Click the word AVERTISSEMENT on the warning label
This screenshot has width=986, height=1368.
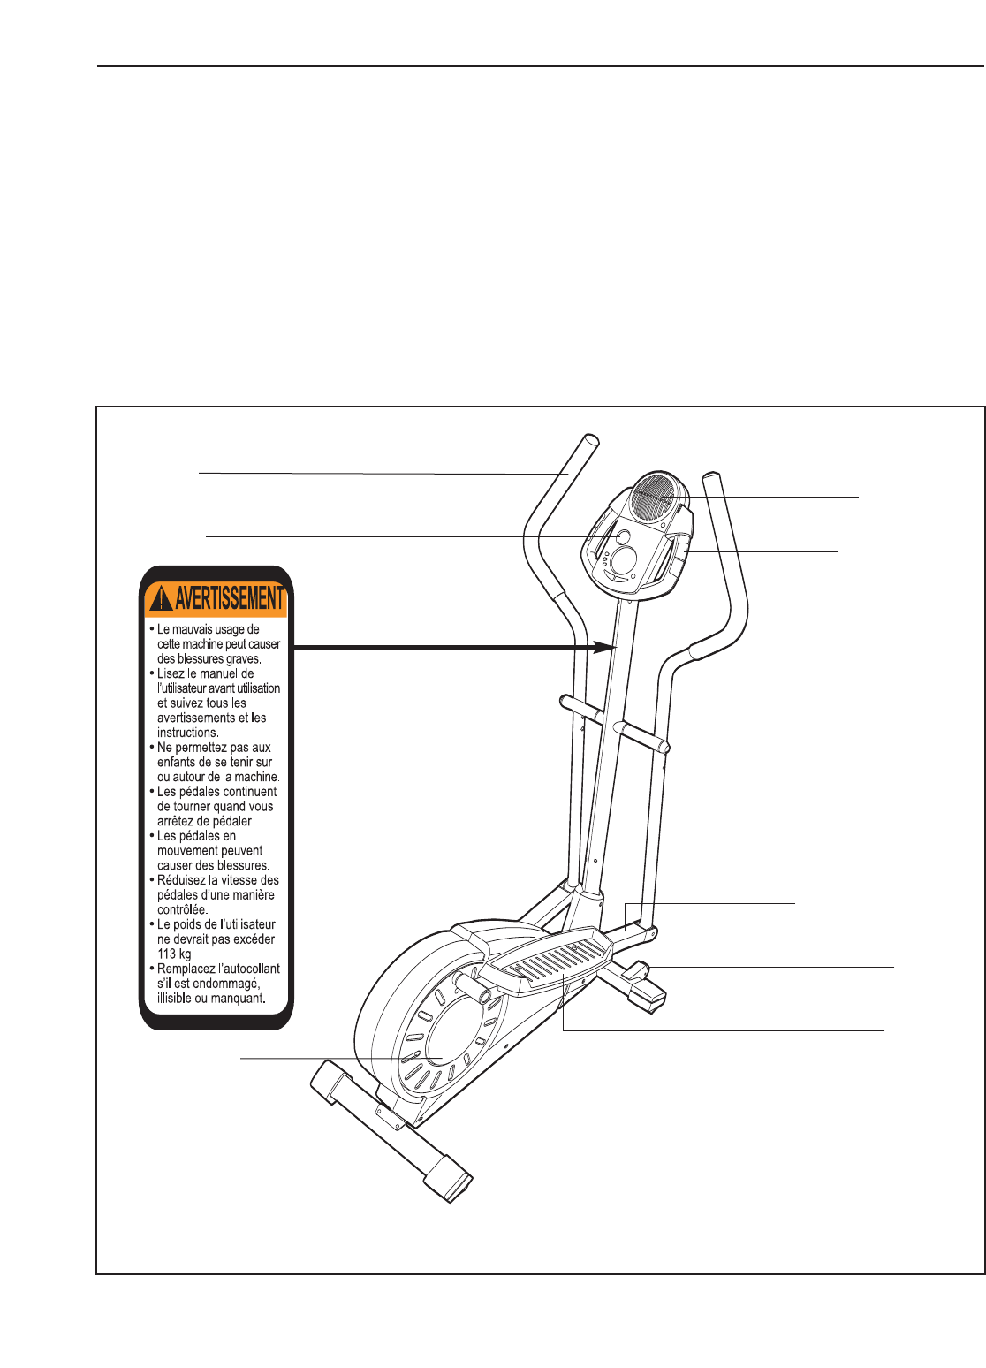pos(230,599)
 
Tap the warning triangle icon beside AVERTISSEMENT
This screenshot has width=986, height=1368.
pos(161,600)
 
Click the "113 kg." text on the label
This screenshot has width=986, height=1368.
pos(175,954)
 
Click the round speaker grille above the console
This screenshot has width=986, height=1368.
pos(656,498)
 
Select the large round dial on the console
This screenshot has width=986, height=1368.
pos(626,559)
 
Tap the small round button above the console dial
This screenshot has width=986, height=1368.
pos(622,536)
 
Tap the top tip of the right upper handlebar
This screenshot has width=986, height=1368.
pos(711,480)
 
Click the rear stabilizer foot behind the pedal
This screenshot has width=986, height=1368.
pos(643,990)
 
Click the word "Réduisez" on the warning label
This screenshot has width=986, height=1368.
pos(186,880)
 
